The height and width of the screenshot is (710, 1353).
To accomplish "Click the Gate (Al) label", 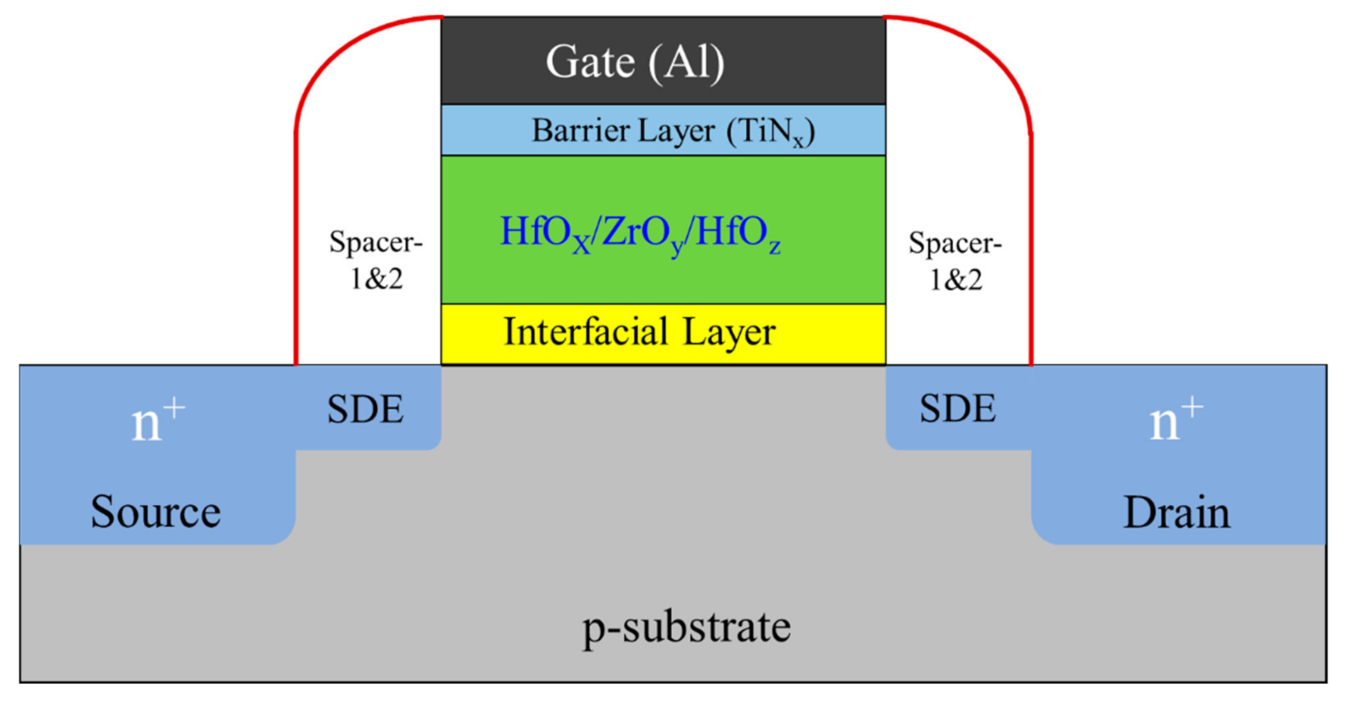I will coord(635,62).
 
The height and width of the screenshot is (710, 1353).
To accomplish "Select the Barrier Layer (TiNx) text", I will coord(672,131).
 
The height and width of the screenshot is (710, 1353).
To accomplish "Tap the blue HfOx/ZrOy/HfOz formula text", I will coord(640,233).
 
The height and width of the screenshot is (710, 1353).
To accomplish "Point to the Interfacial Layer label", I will coord(639,333).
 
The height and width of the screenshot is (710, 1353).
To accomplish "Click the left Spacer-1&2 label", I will coord(375,260).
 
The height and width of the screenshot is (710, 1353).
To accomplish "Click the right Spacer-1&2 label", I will coord(955,261).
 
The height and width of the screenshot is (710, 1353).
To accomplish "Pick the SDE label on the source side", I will coord(365,409).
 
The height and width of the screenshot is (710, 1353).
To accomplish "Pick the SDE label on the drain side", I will coord(957,409).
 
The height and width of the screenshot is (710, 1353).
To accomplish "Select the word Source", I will coord(156,512).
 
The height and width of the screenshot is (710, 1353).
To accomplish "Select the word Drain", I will coord(1176,513).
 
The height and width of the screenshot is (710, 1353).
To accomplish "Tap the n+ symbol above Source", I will coord(158,421).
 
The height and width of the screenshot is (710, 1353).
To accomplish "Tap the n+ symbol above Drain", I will coord(1176,419).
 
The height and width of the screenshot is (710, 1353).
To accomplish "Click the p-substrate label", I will coord(686,628).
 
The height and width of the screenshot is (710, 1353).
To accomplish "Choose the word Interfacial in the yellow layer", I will coord(585,333).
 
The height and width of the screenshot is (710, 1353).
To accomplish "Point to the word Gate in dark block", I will coord(590,62).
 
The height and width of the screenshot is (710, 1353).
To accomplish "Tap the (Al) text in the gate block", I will coord(686,63).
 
